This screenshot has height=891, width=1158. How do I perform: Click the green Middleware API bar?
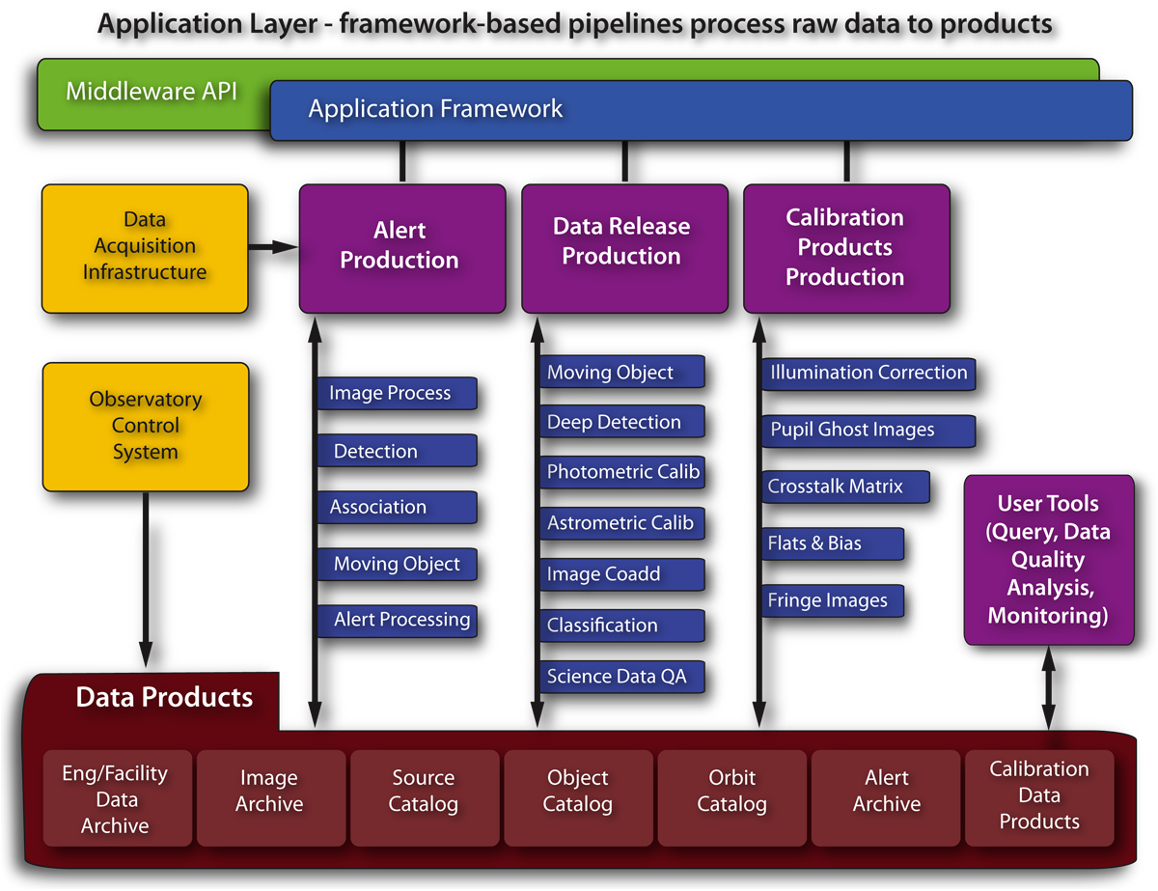152,94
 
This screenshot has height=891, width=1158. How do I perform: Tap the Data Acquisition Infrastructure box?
145,248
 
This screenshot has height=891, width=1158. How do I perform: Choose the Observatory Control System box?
146,427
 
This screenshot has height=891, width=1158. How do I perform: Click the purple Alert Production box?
401,248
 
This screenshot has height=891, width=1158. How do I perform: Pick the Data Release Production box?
624,248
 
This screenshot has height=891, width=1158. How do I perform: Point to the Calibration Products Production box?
846,248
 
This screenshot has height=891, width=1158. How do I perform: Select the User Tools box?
1048,560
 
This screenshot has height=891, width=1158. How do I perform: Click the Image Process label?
396,393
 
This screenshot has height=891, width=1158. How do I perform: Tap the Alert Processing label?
397,621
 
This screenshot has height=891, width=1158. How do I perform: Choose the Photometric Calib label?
621,472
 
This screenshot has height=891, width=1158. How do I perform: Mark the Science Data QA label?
621,677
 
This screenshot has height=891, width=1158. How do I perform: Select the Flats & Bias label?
832,543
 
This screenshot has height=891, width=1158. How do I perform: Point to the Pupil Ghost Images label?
867,431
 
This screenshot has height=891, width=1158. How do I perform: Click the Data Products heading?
164,698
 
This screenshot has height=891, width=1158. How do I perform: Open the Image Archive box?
269,792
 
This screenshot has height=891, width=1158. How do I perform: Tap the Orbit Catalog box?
731,792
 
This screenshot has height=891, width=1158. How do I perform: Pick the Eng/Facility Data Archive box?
116,799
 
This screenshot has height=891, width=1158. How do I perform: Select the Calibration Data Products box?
1039,796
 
